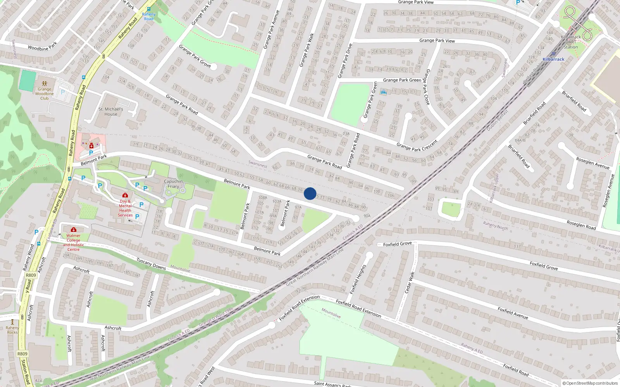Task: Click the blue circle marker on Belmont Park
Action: click(x=310, y=193)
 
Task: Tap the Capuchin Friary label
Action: click(x=173, y=184)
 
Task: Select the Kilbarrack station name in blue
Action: click(x=553, y=59)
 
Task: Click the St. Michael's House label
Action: click(x=110, y=111)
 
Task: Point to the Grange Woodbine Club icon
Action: click(x=45, y=83)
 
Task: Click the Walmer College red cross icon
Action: click(x=73, y=230)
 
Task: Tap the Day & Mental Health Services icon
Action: click(x=125, y=195)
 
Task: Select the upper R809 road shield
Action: click(x=31, y=275)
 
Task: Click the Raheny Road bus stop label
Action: click(x=149, y=16)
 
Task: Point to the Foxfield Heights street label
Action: click(x=358, y=279)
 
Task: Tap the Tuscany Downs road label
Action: click(x=151, y=264)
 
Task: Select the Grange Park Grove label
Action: click(x=195, y=56)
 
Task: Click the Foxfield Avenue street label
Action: click(x=513, y=313)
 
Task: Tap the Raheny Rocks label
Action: click(x=12, y=330)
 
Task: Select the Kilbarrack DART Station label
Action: click(x=570, y=42)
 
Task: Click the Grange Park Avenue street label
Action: click(x=271, y=30)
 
